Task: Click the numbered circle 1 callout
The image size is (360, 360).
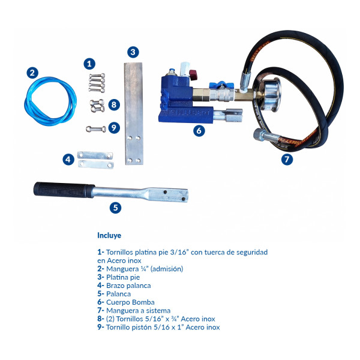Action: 89,64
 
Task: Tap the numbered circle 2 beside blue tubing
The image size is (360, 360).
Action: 32,73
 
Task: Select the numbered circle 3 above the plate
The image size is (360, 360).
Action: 133,52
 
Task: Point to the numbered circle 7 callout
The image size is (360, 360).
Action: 287,159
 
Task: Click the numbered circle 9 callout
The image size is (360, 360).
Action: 114,128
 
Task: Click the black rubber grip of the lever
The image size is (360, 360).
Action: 64,190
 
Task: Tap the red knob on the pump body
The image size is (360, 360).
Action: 193,75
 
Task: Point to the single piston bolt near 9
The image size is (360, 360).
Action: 96,129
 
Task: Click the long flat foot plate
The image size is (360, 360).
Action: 134,113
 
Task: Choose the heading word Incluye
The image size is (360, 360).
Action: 109,235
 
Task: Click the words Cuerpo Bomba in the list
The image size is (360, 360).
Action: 130,302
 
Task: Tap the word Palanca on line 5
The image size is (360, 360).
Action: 118,294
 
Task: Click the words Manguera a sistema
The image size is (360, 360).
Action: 138,311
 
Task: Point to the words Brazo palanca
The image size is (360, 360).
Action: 128,286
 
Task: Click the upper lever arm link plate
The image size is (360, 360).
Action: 95,155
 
